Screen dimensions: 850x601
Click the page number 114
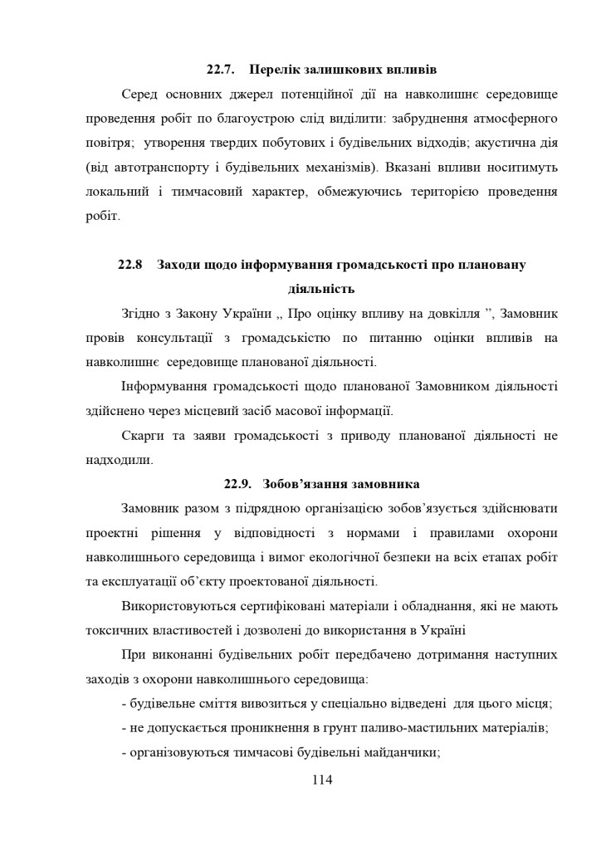point(322,779)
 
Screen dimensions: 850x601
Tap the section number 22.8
point(130,265)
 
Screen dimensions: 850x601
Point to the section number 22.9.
point(238,484)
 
